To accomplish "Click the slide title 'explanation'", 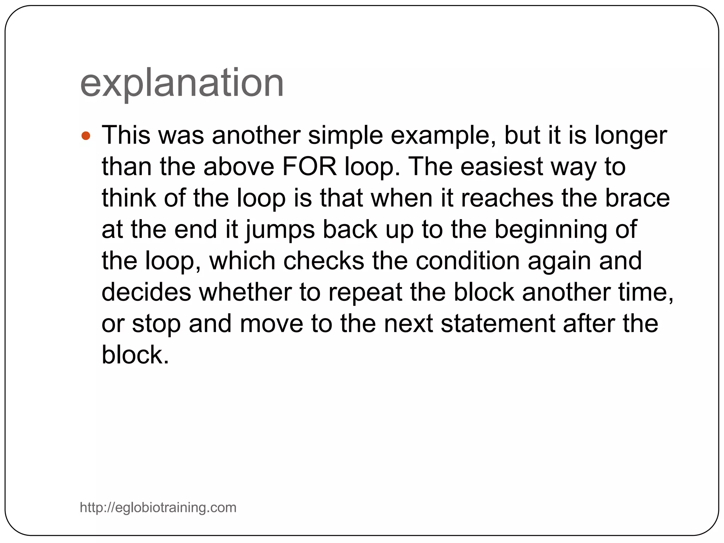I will point(182,83).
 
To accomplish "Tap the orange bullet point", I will point(86,136).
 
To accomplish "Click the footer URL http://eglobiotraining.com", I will point(158,507).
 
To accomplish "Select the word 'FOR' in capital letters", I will point(309,167).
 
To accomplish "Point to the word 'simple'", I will point(345,136).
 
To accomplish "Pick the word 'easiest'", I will point(501,167).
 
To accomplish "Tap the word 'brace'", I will point(637,198).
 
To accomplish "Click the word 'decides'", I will point(146,292).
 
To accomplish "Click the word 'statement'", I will point(498,323).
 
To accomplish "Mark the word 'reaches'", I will point(507,198).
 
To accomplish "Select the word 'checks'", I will point(323,261).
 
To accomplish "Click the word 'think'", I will point(129,198).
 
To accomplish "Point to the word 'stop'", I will point(156,323).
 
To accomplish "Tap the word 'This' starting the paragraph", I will point(126,136).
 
